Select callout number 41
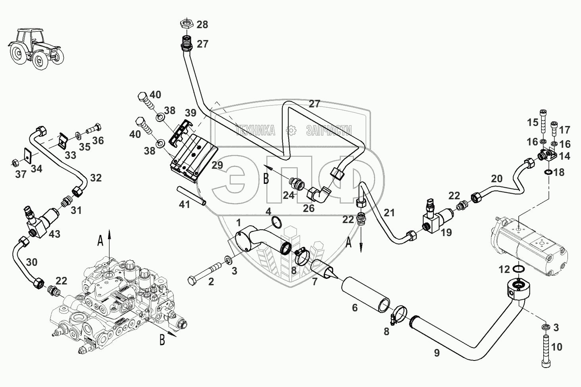click(185, 204)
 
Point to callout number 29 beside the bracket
click(217, 166)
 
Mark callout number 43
click(54, 234)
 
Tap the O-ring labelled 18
click(549, 173)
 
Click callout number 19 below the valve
click(446, 232)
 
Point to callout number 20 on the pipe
click(496, 179)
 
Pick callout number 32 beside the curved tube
click(96, 178)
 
